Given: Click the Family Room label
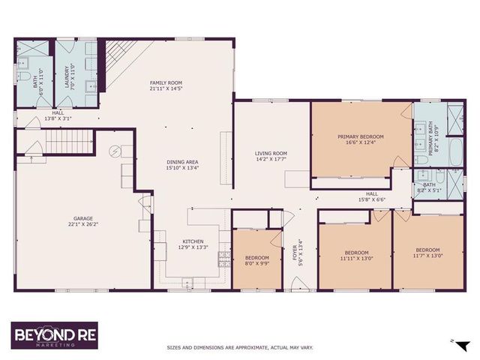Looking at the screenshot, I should click(x=166, y=82).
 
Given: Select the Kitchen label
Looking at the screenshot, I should click(x=191, y=241).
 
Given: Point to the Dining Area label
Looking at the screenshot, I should click(x=181, y=162).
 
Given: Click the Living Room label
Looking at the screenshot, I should click(x=271, y=154).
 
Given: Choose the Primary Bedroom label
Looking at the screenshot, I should click(x=360, y=136).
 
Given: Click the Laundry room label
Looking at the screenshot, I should click(x=68, y=75).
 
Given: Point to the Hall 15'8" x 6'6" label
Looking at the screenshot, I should click(x=370, y=196).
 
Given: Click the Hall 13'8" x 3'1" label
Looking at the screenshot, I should click(x=58, y=115).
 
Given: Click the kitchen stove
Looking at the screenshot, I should click(x=223, y=259).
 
